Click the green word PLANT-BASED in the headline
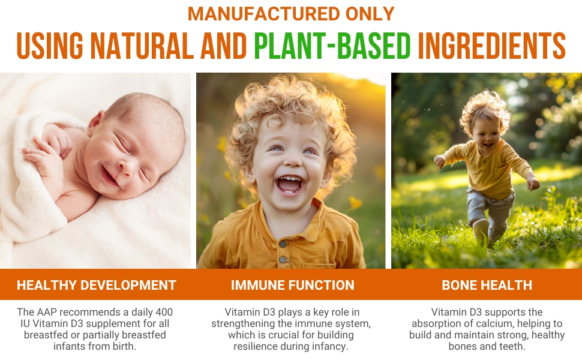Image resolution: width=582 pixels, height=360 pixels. tap(332, 45)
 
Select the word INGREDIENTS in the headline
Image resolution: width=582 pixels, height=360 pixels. tap(491, 45)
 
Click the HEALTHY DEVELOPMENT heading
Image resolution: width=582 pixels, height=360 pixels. tap(97, 285)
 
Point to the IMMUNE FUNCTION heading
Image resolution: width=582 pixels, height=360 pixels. tap(292, 285)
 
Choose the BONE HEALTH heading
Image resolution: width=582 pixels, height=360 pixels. tap(487, 285)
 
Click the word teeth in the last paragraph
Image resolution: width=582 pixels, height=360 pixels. tap(512, 346)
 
